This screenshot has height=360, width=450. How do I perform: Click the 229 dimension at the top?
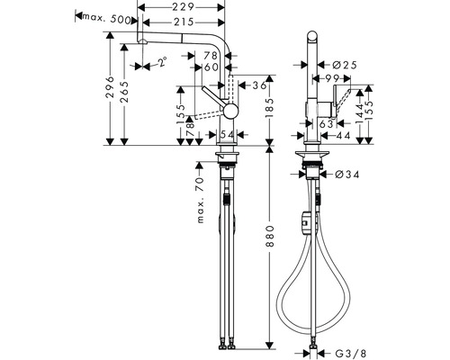(x=184, y=7)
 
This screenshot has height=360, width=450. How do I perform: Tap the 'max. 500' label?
(x=102, y=15)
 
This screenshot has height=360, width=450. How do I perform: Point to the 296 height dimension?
(x=109, y=88)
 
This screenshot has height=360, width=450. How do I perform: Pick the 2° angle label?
(x=162, y=63)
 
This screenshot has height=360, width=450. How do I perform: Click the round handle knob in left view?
(x=231, y=110)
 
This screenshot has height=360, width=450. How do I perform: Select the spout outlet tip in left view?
(x=140, y=45)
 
